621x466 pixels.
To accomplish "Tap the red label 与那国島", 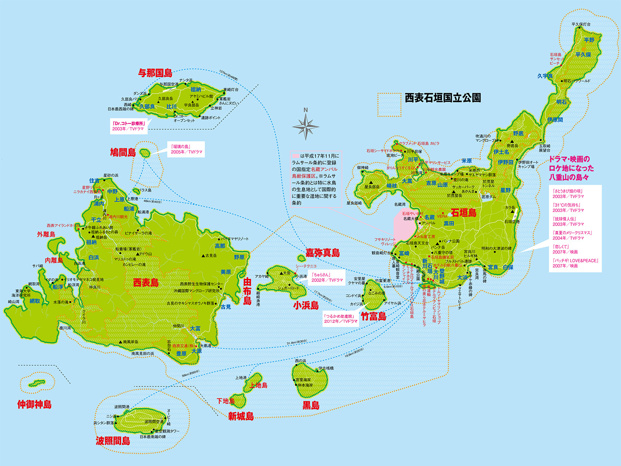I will coord(155,73).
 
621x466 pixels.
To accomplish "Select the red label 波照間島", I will coord(113,441).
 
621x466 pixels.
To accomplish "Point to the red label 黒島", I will coord(311,406).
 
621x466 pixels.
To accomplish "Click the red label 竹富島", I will coord(374,316).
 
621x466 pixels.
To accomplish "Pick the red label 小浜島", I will coord(306,305).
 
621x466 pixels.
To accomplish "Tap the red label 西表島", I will coord(146,283).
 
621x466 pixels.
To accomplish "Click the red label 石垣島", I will coord(463,213).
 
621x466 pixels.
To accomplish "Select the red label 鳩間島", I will coord(123,152).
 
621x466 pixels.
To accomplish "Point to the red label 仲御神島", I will coord(34,405).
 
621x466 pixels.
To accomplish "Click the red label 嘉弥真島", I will coord(323,253).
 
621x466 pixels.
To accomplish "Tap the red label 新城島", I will coord(241,417).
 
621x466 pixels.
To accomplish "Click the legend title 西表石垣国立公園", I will coord(443,98).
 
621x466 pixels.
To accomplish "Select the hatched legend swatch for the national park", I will coord(389,104).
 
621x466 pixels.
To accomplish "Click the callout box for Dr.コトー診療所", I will coord(128,126).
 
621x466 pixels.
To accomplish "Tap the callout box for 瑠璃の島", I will coord(186,149).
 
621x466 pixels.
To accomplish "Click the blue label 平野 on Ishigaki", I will coord(589,40).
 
